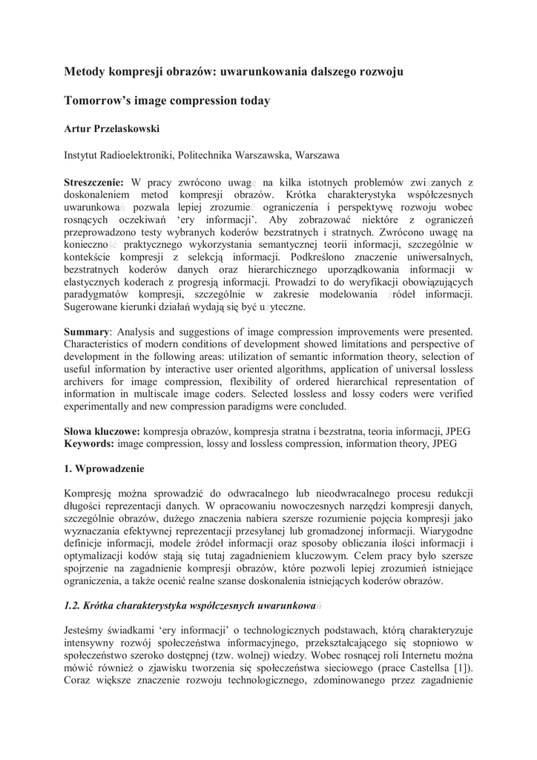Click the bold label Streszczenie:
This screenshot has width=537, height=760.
tap(94, 183)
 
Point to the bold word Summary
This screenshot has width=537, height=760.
tap(86, 332)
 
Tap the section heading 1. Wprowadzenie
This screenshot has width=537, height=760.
tap(104, 469)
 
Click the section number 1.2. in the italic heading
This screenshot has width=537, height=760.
tap(74, 606)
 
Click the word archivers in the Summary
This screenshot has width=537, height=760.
tap(85, 381)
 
